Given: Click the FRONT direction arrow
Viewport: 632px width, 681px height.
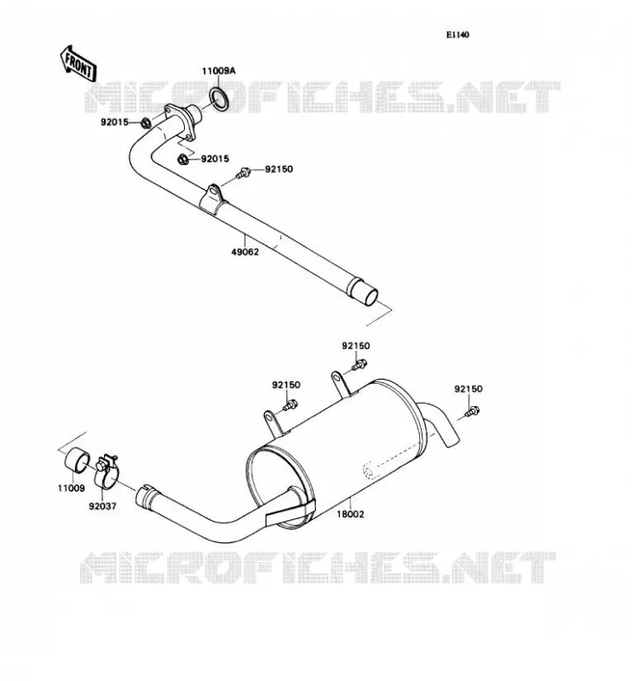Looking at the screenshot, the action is [78, 62].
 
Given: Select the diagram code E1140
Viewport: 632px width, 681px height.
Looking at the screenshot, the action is [457, 35].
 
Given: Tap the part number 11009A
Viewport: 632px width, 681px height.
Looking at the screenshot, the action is [218, 71].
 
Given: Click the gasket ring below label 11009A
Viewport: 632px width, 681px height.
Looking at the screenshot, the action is [221, 99].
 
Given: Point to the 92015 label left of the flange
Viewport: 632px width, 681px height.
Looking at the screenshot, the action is [115, 122].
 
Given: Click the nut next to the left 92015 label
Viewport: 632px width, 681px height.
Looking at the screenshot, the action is [147, 123].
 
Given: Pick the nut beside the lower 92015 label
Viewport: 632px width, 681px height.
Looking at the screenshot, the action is [183, 159].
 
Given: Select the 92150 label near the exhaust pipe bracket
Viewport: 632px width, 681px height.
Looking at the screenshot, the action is [279, 169].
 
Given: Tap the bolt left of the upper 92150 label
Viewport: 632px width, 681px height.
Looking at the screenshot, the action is [244, 174].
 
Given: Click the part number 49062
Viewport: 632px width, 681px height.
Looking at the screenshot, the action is [244, 252].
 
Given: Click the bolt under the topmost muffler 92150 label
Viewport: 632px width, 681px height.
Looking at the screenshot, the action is [360, 364].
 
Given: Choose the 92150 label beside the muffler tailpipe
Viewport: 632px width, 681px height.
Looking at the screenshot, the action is [468, 389].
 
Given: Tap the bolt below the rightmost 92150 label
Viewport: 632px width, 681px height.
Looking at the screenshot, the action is [472, 411].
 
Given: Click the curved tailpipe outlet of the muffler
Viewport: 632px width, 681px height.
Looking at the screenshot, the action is [438, 422].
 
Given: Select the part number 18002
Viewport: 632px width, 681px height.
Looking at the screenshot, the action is [350, 514].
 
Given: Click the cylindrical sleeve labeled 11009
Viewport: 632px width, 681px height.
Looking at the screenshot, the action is [78, 459].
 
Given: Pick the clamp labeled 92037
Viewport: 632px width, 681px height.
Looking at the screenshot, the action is [106, 472].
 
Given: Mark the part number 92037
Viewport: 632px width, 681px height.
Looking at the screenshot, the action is [102, 506].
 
